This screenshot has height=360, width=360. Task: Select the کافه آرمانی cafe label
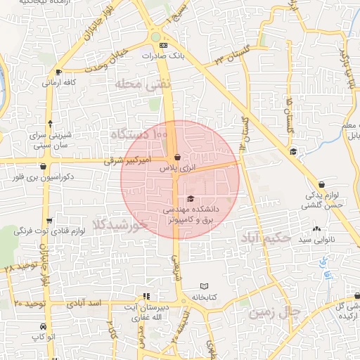pos(59,82)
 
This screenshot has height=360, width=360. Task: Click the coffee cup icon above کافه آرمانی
pos(58,72)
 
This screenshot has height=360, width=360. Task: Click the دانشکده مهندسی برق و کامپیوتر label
pos(191,214)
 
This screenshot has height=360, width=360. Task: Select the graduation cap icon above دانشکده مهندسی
pos(191,198)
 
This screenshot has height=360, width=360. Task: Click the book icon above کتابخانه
pos(204,286)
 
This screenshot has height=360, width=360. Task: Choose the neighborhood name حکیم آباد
pos(264,239)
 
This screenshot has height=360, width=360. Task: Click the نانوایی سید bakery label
pos(312,240)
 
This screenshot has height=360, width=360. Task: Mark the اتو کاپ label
pos(44,338)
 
